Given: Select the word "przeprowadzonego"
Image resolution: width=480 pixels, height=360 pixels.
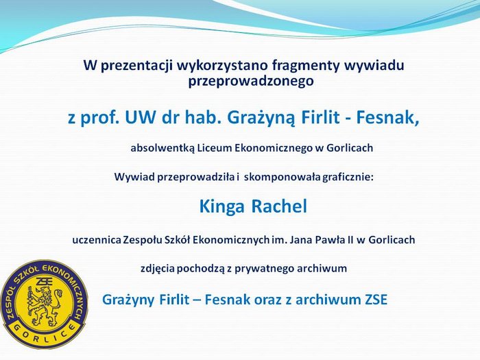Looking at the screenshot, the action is click(251, 82).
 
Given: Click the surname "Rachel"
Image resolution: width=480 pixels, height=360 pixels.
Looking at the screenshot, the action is click(279, 206).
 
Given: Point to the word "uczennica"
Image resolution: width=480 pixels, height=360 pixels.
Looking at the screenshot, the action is click(97, 240).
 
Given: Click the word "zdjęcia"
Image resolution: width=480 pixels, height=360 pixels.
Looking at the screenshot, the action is click(158, 269).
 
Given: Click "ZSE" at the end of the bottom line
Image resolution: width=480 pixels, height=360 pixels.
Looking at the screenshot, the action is click(376, 300).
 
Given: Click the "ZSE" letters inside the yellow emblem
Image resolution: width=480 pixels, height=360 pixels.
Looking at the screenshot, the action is click(44, 280).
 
